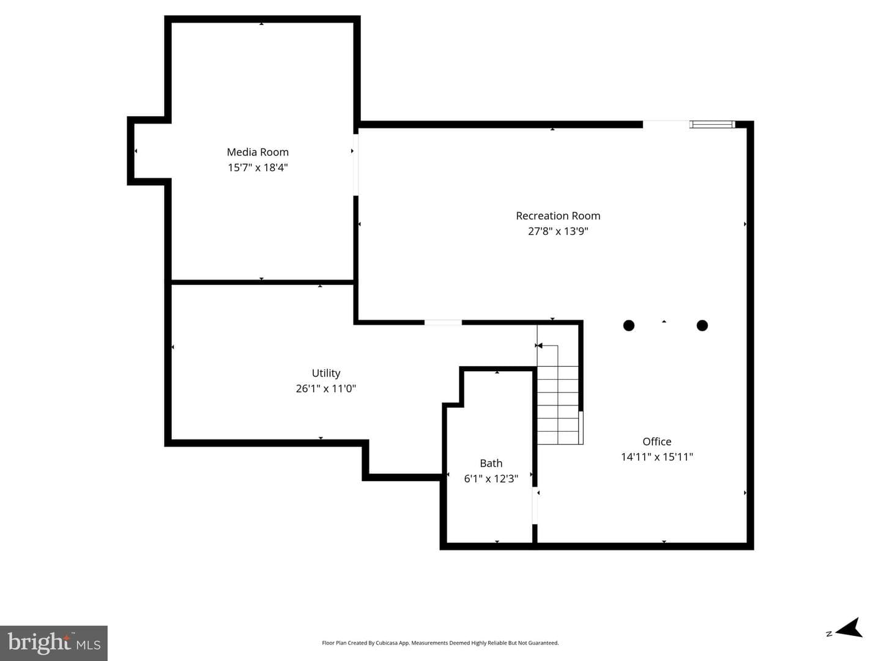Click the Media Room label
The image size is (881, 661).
[x=258, y=152]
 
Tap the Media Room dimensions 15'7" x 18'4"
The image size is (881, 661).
[x=258, y=168]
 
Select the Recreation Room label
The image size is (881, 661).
[x=558, y=216]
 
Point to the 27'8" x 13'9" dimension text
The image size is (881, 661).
[x=558, y=231]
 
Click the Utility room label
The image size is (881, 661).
[x=326, y=374]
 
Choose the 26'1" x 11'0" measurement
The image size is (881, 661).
[x=326, y=388]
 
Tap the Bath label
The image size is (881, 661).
[x=491, y=463]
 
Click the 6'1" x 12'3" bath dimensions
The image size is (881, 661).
[x=491, y=479]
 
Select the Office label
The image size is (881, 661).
[x=656, y=441]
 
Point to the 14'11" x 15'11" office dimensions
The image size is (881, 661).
[x=656, y=457]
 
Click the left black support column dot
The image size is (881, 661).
[x=628, y=325]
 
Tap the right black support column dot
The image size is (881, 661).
[x=702, y=325]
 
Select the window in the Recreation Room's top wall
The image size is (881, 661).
[x=712, y=124]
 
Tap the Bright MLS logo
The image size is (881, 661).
[x=54, y=643]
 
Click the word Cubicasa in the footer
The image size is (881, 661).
[x=387, y=643]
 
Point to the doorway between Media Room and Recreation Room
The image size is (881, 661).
[x=355, y=165]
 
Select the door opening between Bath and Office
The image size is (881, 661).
[x=535, y=505]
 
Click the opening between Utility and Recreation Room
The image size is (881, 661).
[x=443, y=322]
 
